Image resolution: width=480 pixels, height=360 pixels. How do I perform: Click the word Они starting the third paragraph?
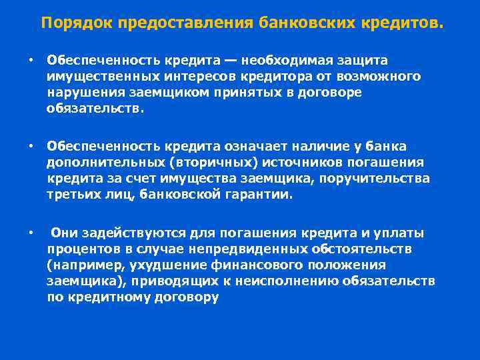pyautogui.click(x=65, y=233)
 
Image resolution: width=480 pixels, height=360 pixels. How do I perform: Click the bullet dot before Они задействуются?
pyautogui.click(x=31, y=233)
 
